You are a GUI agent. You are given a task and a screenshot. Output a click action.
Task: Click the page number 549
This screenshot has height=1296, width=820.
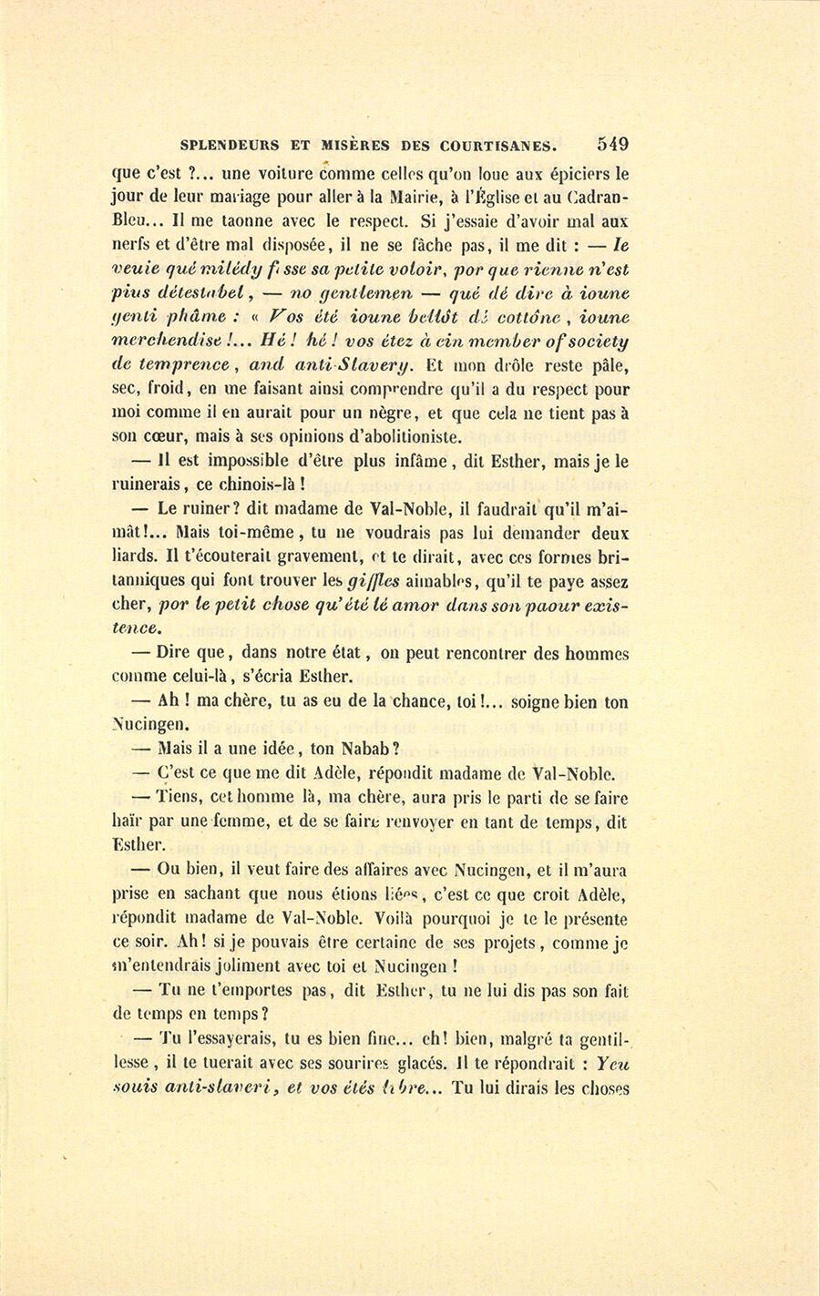(612, 144)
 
